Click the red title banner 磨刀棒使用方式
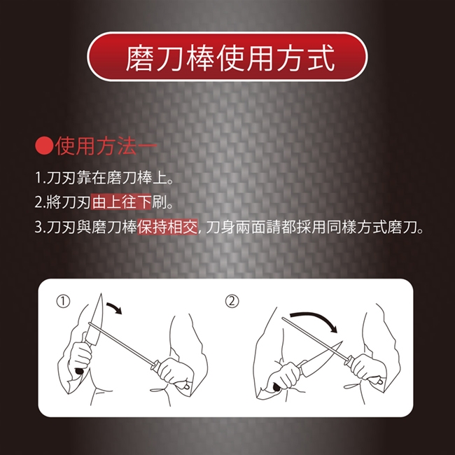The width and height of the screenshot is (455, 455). point(227,57)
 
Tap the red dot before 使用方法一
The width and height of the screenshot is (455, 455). point(44,146)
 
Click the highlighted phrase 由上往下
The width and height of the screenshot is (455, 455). point(121,202)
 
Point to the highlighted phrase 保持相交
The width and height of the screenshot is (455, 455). point(167,227)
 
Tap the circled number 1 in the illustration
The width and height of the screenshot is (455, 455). point(63,302)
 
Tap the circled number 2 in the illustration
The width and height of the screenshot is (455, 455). point(232,302)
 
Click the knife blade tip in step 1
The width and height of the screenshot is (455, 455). point(101,294)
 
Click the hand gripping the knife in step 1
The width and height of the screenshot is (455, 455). point(79,358)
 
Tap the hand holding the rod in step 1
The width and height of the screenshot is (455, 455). point(176,374)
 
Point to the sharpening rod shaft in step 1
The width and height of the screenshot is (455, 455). point(122,343)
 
